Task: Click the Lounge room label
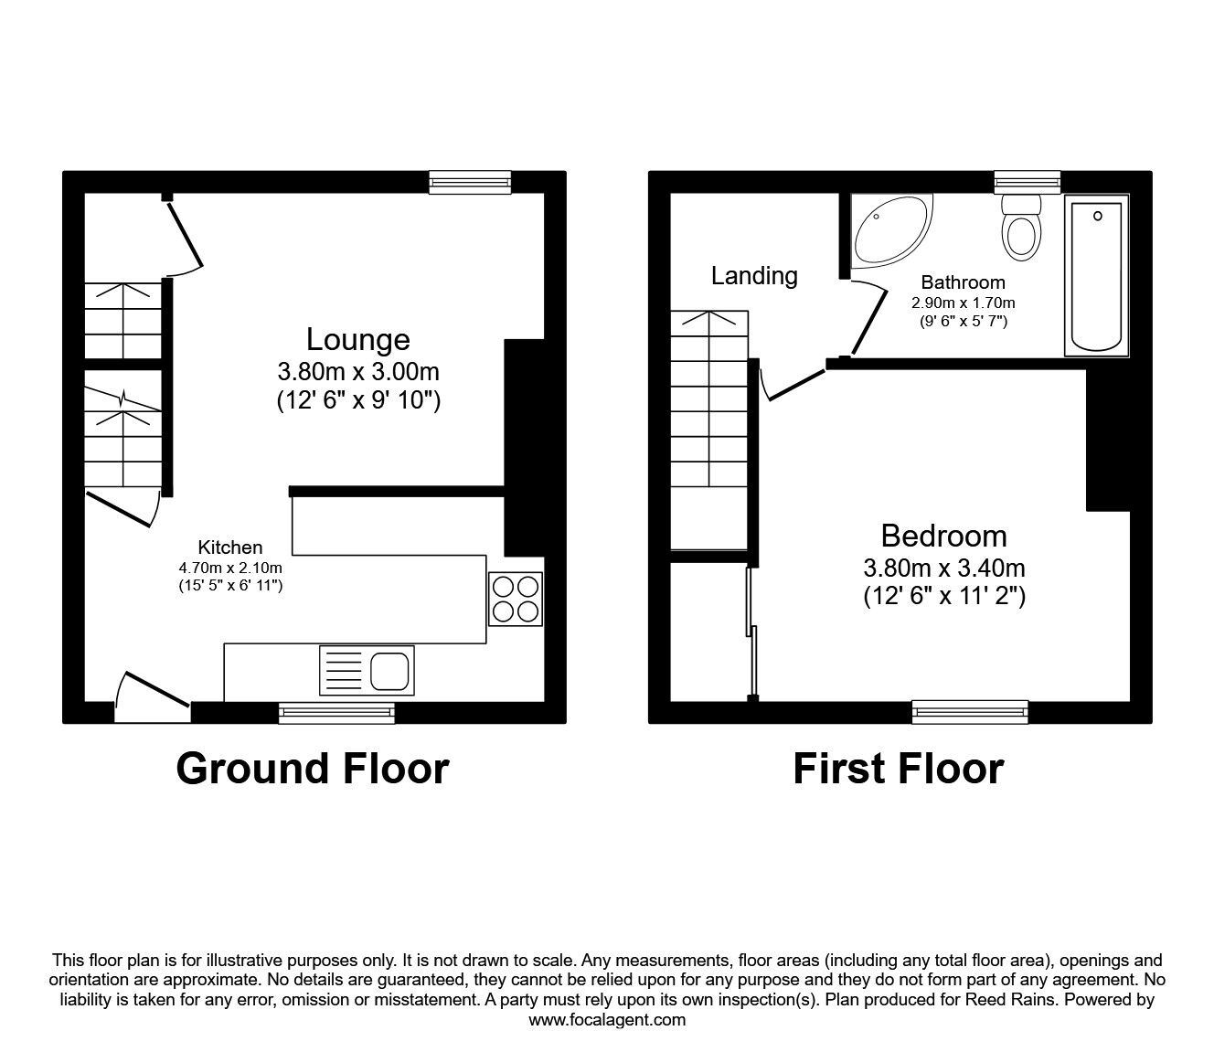[x=357, y=339]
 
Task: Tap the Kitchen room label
[x=230, y=547]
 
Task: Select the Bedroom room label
[x=943, y=536]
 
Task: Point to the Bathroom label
[x=963, y=282]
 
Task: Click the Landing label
[x=754, y=275]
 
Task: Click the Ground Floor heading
[x=312, y=769]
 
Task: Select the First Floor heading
[x=898, y=769]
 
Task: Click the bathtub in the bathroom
[x=1097, y=274]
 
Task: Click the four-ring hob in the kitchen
[x=516, y=599]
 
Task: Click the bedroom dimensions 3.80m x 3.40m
[x=943, y=568]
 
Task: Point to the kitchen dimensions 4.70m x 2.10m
[x=230, y=569]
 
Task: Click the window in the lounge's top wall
[x=470, y=183]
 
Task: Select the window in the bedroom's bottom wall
[x=969, y=712]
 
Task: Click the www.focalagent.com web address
[x=607, y=1020]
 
